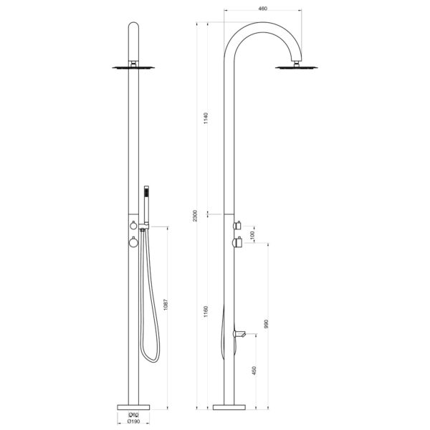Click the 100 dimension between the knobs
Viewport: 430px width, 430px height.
252,235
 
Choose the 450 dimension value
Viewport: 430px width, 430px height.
252,372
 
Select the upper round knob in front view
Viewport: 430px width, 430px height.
132,226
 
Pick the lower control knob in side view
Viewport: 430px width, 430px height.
237,245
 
